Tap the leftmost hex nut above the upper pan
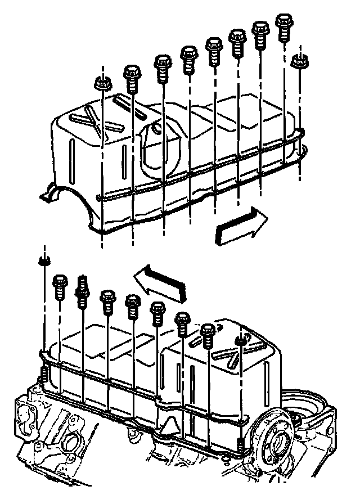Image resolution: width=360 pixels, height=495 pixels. tap(102, 83)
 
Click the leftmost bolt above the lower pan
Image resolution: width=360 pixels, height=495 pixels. tap(60, 287)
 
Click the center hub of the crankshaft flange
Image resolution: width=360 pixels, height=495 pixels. tap(277, 440)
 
